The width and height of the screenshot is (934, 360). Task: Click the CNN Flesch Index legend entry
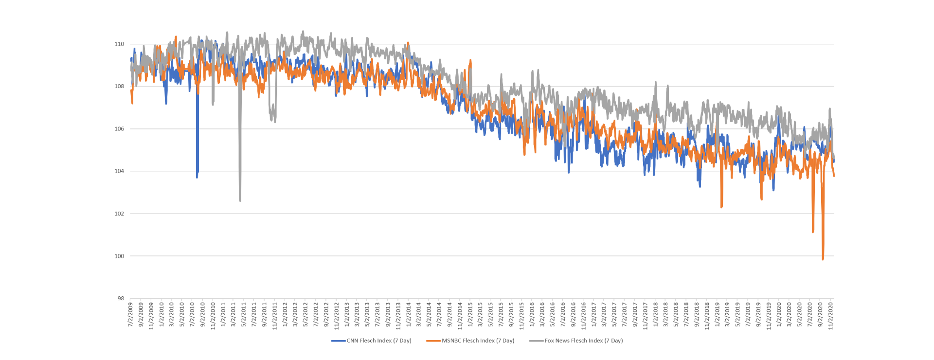pos(378,341)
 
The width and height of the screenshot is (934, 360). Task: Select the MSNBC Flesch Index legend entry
pos(478,341)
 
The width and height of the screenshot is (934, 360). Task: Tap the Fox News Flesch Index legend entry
pos(583,341)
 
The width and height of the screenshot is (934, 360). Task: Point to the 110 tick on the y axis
pos(119,44)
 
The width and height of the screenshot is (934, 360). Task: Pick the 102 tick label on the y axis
pos(119,214)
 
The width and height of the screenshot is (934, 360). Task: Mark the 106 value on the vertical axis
pos(119,129)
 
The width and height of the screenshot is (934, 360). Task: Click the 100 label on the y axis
pos(119,256)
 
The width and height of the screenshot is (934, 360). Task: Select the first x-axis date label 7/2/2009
pos(130,315)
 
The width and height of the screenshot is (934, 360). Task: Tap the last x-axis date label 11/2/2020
pos(830,316)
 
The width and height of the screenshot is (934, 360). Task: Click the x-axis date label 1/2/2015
pos(470,315)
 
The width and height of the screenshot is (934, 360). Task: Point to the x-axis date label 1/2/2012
pos(285,315)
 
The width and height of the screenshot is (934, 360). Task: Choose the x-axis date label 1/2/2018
pos(655,315)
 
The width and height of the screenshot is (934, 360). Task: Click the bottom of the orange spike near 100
pos(823,259)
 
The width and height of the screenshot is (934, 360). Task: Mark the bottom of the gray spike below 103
pos(240,200)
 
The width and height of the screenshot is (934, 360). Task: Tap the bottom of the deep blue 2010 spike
pos(197,177)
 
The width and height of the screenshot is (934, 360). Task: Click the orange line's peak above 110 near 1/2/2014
pos(408,43)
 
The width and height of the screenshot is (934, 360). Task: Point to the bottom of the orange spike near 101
pos(813,232)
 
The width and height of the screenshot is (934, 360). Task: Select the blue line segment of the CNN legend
pos(338,341)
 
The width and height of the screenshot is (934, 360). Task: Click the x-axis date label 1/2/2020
pos(779,315)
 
